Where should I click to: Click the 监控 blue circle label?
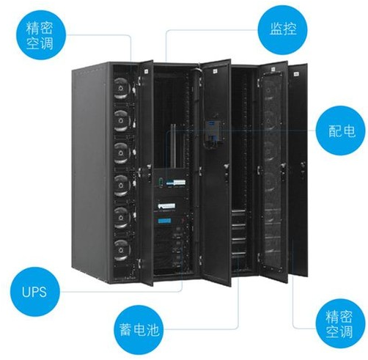tap(283, 29)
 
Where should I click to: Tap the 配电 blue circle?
tap(341, 131)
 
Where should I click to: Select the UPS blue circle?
tap(34, 292)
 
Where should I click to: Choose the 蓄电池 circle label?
tap(139, 330)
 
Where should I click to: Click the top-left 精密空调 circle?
tap(41, 35)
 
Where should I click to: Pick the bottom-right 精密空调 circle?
tap(339, 323)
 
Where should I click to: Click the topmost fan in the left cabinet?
tap(121, 88)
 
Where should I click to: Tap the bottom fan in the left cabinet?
tap(121, 250)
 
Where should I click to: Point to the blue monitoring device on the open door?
tap(213, 134)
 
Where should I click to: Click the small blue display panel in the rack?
tap(164, 221)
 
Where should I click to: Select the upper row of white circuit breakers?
tap(176, 183)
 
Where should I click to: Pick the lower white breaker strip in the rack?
tap(166, 206)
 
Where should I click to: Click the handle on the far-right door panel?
tap(303, 169)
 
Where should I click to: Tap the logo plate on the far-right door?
tap(296, 73)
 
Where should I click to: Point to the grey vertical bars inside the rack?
tap(173, 147)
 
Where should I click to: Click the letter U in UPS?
tap(26, 292)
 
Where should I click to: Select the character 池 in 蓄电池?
tap(153, 330)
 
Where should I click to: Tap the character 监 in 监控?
tap(276, 29)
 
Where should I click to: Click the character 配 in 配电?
tap(334, 131)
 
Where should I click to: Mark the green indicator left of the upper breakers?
tap(161, 182)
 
